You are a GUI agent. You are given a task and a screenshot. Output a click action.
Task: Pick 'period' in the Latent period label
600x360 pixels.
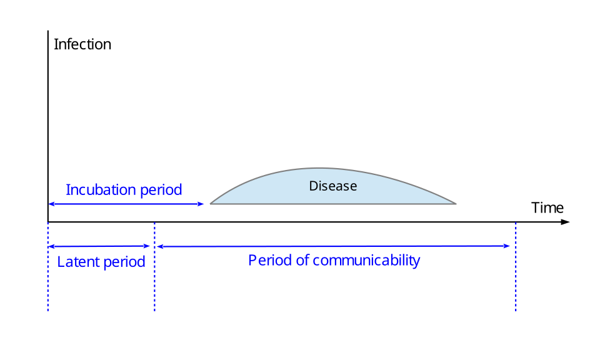click(x=124, y=262)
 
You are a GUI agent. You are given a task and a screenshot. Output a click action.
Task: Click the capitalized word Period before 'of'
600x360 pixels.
click(x=269, y=260)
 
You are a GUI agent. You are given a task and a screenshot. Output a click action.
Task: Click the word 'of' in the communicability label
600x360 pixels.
click(x=302, y=260)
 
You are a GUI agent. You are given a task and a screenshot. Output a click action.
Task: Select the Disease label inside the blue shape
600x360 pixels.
click(x=333, y=186)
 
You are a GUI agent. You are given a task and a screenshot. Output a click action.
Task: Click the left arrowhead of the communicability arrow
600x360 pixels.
click(x=160, y=246)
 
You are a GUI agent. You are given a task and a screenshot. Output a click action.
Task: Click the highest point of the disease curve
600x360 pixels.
click(x=321, y=168)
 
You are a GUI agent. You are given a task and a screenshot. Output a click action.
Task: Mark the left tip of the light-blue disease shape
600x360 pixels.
click(x=211, y=203)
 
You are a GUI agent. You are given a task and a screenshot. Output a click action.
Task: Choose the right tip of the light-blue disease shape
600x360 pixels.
click(x=456, y=203)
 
